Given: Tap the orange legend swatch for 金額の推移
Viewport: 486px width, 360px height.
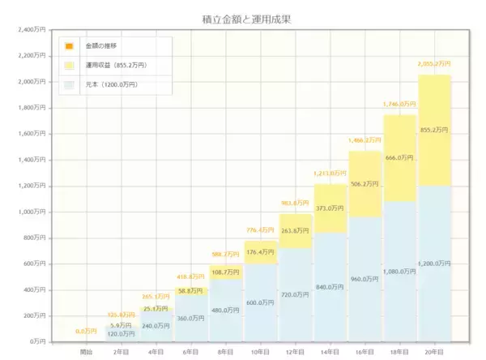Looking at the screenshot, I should [70, 45].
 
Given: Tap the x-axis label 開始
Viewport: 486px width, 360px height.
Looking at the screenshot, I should [86, 352].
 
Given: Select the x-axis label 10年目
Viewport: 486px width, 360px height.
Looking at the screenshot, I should [260, 352].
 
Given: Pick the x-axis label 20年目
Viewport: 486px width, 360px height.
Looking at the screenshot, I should [434, 352].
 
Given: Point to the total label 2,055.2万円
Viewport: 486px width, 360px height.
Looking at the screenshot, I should [434, 63].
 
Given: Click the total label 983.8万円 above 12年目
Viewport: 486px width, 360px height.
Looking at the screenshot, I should [295, 203].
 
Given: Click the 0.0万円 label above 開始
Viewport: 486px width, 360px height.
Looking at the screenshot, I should [86, 331].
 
